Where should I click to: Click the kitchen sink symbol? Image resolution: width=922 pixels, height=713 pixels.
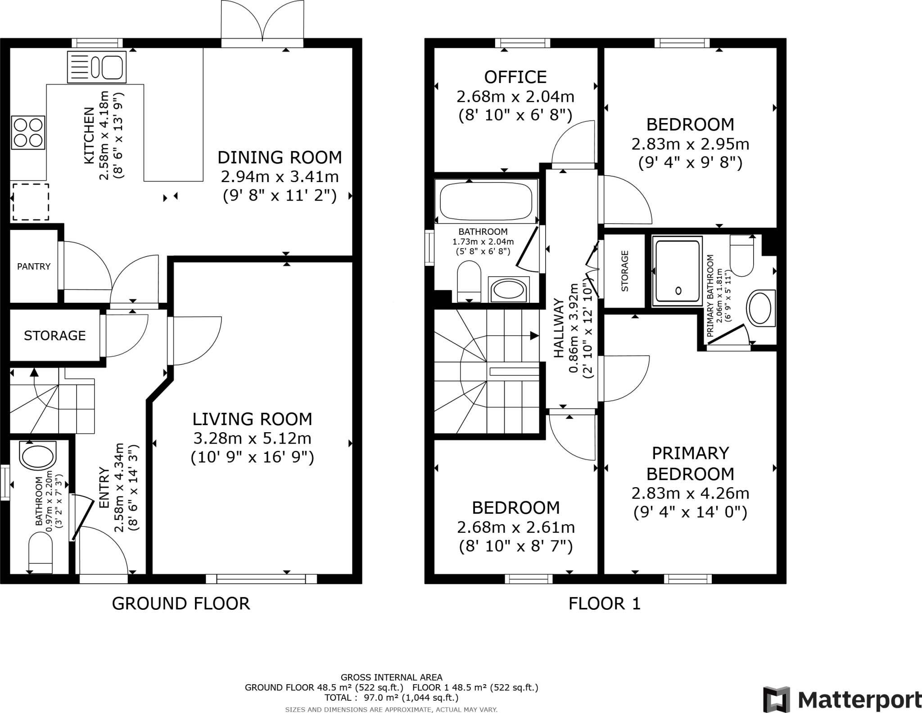[x=96, y=67]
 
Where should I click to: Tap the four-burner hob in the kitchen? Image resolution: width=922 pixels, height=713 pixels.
[x=28, y=133]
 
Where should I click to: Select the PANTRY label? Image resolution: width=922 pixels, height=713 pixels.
[x=34, y=266]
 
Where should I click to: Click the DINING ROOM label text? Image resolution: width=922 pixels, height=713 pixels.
[x=280, y=157]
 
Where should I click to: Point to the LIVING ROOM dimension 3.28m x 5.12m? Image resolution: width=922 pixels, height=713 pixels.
[x=252, y=438]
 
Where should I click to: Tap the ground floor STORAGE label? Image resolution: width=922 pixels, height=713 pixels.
[x=54, y=335]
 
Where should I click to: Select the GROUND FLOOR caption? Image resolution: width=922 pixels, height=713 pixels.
[x=181, y=603]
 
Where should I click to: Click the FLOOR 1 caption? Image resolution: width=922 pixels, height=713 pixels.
[x=604, y=603]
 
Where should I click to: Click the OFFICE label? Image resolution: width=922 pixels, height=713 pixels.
[x=515, y=77]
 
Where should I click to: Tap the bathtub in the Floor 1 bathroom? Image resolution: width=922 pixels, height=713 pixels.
[x=486, y=201]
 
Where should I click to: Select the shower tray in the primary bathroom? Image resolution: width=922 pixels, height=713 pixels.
[x=678, y=270]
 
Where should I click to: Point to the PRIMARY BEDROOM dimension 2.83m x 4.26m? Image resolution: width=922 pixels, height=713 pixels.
[x=690, y=493]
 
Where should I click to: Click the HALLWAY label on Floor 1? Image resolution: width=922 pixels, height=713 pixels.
[x=558, y=328]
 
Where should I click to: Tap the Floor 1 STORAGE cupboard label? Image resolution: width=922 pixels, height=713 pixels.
[x=624, y=271]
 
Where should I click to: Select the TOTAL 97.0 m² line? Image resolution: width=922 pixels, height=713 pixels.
[x=391, y=698]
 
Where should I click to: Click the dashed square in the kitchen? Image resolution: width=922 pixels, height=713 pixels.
[x=30, y=201]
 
